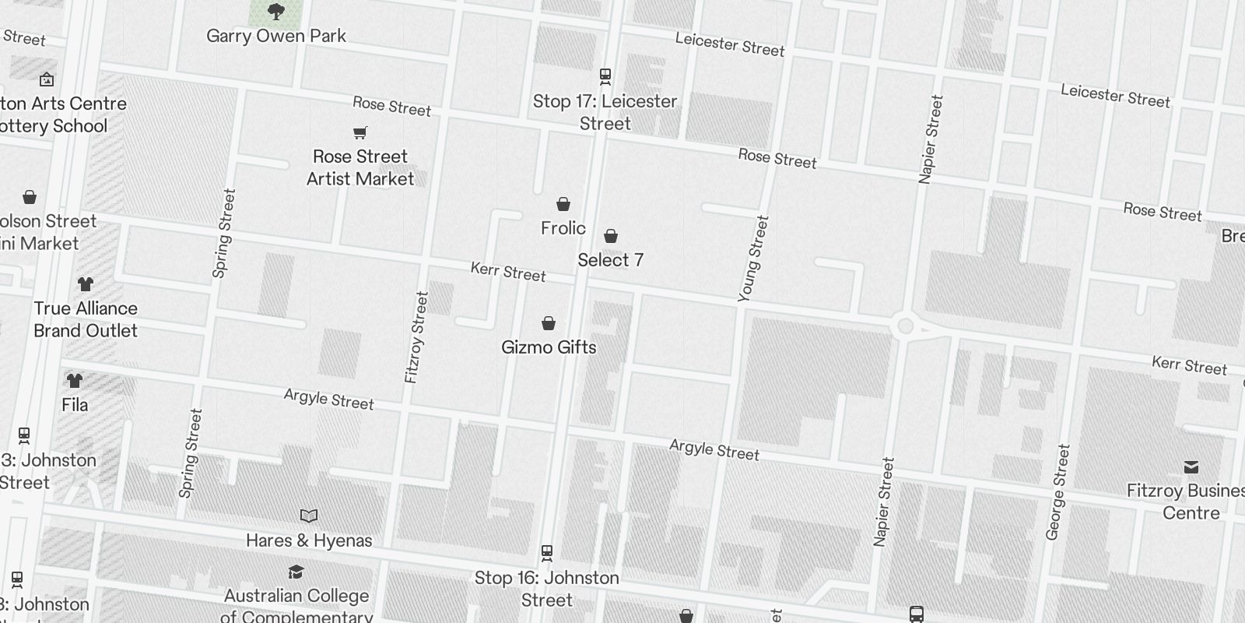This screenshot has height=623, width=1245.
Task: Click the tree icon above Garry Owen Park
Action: (x=275, y=12)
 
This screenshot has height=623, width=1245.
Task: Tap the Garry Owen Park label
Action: (x=276, y=36)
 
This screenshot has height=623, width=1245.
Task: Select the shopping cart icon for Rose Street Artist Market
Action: (x=359, y=133)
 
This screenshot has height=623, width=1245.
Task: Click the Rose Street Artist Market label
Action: (x=360, y=167)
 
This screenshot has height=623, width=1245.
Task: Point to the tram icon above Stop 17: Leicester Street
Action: (x=605, y=76)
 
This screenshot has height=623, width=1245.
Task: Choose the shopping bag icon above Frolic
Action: (x=563, y=204)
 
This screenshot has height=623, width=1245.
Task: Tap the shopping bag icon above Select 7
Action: (x=611, y=236)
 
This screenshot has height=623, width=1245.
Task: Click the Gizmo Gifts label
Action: (x=549, y=347)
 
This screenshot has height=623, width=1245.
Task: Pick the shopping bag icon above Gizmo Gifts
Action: (x=549, y=323)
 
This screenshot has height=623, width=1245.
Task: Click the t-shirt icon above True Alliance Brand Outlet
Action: (x=86, y=284)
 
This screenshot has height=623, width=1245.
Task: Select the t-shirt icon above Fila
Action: (x=75, y=381)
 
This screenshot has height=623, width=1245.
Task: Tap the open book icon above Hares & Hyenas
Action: (x=309, y=516)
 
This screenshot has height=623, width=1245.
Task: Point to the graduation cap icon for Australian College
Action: (x=296, y=572)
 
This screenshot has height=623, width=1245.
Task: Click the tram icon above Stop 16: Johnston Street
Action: (x=547, y=553)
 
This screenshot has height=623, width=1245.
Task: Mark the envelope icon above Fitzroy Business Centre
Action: (x=1191, y=467)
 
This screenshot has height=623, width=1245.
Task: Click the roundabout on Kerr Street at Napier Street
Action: (x=905, y=326)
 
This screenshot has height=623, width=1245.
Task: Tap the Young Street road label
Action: (x=752, y=259)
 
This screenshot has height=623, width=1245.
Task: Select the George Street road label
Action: (x=1058, y=492)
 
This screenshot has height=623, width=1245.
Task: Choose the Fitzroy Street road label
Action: (x=416, y=337)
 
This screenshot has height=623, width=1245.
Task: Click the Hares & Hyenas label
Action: (x=309, y=540)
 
